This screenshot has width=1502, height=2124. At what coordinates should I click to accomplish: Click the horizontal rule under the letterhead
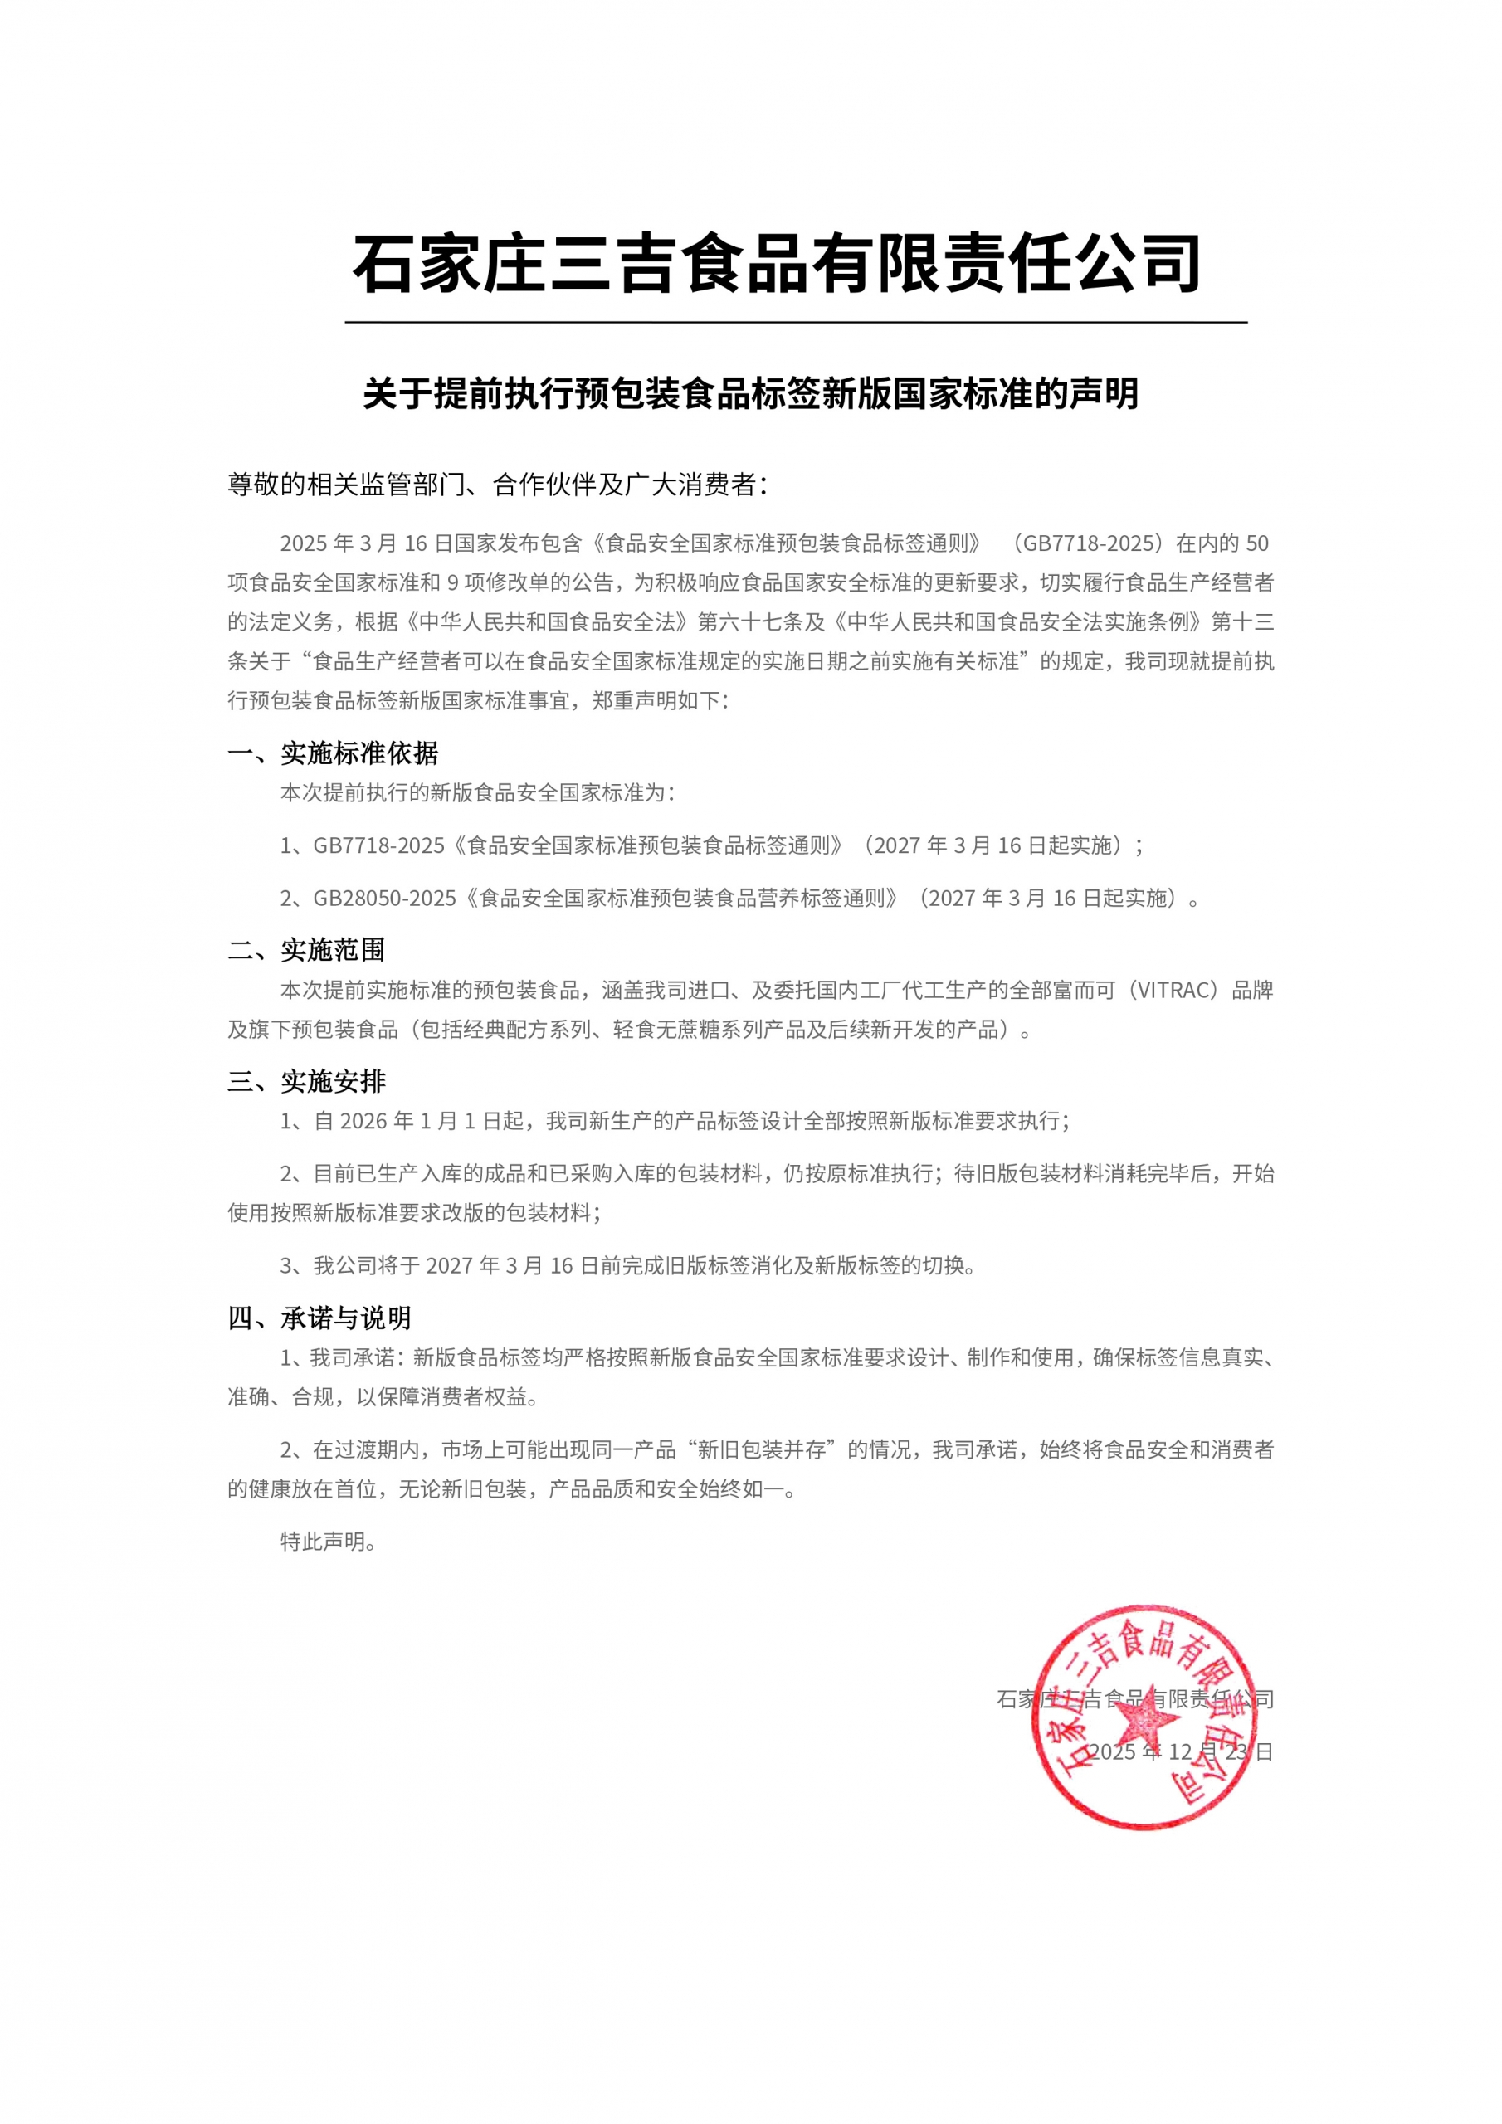point(796,323)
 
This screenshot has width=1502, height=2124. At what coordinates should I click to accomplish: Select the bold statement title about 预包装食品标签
point(750,394)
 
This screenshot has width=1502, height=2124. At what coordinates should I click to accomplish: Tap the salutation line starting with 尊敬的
point(498,485)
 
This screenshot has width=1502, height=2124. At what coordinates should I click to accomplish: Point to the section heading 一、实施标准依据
point(333,753)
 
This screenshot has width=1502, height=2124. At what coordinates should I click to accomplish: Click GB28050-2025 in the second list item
point(385,899)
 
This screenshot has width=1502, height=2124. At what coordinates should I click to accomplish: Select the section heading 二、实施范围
point(306,950)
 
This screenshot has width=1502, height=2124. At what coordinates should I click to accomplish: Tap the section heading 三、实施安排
point(306,1081)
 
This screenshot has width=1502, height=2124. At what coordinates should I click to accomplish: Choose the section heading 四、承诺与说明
point(319,1318)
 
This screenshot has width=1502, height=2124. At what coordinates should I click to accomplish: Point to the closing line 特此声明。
point(328,1542)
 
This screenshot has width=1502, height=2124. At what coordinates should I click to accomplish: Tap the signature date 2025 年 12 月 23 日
point(1181,1752)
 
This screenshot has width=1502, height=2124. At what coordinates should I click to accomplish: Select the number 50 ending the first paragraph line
point(1258,543)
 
